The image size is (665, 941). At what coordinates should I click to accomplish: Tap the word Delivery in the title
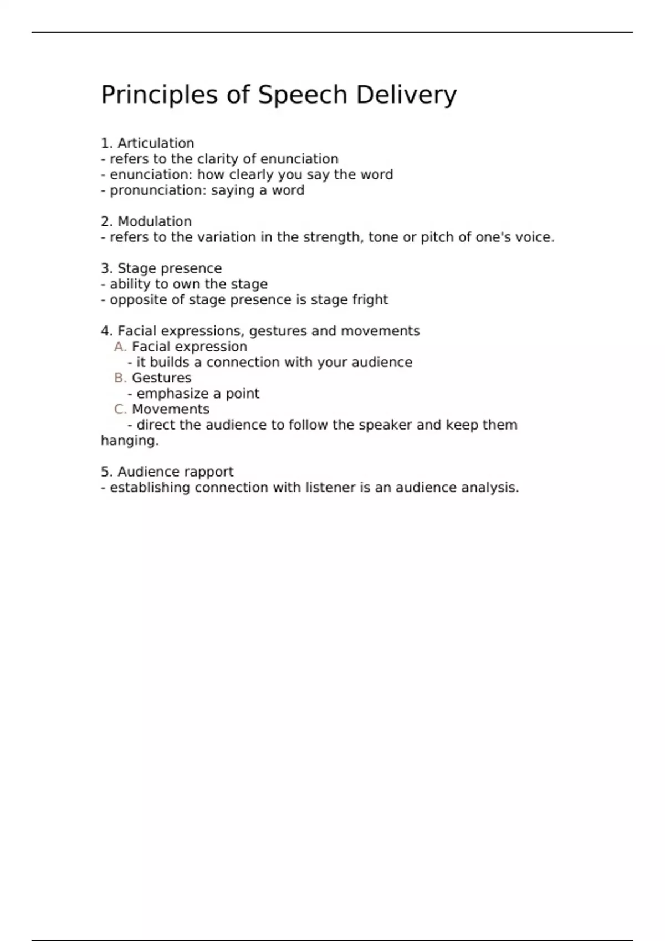pyautogui.click(x=406, y=95)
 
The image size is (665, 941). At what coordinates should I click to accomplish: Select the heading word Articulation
pyautogui.click(x=156, y=143)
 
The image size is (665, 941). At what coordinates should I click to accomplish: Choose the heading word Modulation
pyautogui.click(x=155, y=221)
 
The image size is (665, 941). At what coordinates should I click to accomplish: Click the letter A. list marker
pyautogui.click(x=120, y=347)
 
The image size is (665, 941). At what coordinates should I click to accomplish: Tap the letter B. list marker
pyautogui.click(x=120, y=378)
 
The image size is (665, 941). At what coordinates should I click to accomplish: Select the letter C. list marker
pyautogui.click(x=120, y=410)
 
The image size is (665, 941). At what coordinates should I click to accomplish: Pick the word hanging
pyautogui.click(x=130, y=441)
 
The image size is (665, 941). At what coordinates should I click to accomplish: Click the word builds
pyautogui.click(x=169, y=363)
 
